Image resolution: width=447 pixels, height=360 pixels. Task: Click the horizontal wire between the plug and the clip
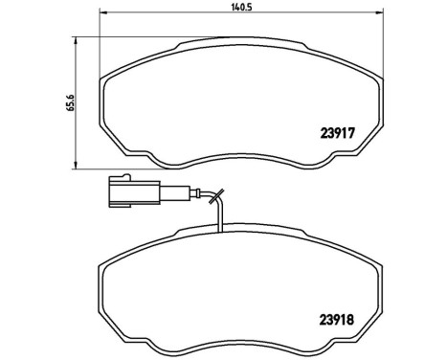177,197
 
